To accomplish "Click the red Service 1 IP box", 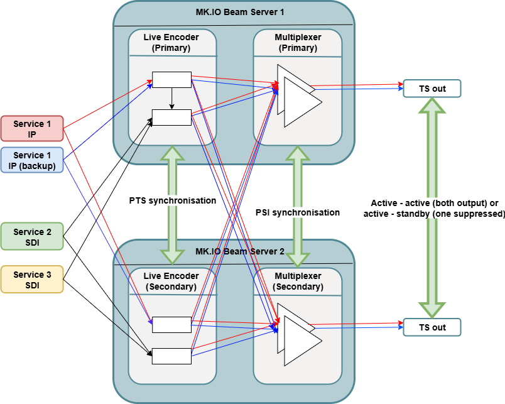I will (32, 129).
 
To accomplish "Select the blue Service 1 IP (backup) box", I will (32, 160).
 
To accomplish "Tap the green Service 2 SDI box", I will (32, 237).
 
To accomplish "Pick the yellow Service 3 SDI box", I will (32, 280).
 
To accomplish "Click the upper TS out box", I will (432, 89).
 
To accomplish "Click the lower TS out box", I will (432, 327).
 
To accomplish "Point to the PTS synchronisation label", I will (173, 201).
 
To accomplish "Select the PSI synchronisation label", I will (298, 212).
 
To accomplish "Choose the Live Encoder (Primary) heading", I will (171, 42).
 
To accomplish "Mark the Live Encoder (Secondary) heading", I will (171, 281).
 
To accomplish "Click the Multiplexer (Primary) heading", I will (298, 42).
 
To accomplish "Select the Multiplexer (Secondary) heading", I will (298, 281).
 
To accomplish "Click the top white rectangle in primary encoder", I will (171, 80).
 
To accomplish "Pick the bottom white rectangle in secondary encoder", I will (171, 356).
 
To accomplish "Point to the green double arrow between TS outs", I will (432, 207).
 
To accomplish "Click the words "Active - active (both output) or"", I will (433, 204).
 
